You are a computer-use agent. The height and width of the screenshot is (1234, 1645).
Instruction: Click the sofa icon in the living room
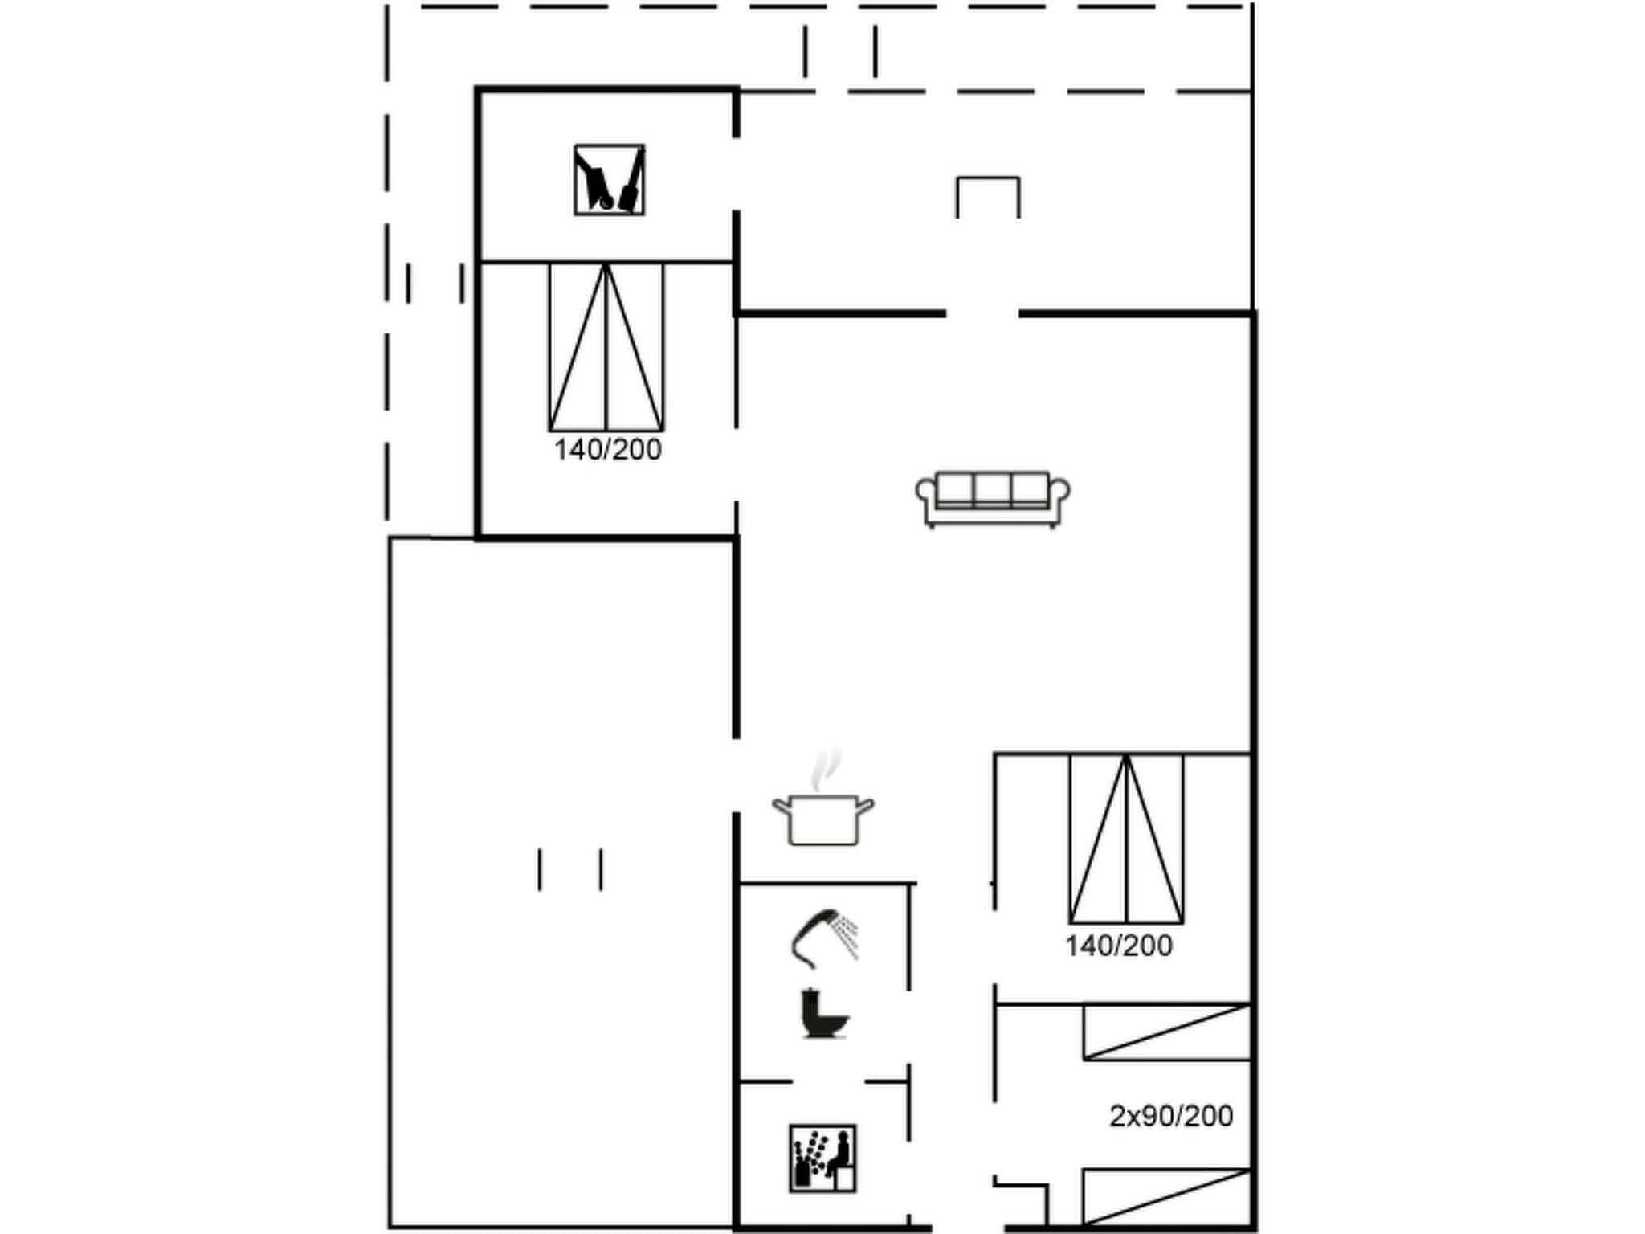point(992,499)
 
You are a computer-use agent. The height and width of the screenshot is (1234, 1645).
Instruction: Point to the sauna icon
point(822,1158)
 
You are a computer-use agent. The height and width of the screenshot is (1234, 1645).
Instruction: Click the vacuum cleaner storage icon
point(609,180)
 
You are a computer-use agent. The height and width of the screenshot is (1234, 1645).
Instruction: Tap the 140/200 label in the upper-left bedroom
point(607,450)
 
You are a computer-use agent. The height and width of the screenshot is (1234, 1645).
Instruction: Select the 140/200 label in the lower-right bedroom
point(1118,946)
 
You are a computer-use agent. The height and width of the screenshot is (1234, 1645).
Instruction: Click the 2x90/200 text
point(1170,1116)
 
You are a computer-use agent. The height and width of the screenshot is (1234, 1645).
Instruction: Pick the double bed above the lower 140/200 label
point(1126,838)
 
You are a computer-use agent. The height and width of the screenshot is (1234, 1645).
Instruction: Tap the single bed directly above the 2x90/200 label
point(1166,1032)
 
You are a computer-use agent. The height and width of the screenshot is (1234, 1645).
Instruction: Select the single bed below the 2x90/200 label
point(1166,1197)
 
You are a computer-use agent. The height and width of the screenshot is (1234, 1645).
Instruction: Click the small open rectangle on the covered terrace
point(987,198)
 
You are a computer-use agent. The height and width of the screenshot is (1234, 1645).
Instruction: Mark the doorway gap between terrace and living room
point(982,313)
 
